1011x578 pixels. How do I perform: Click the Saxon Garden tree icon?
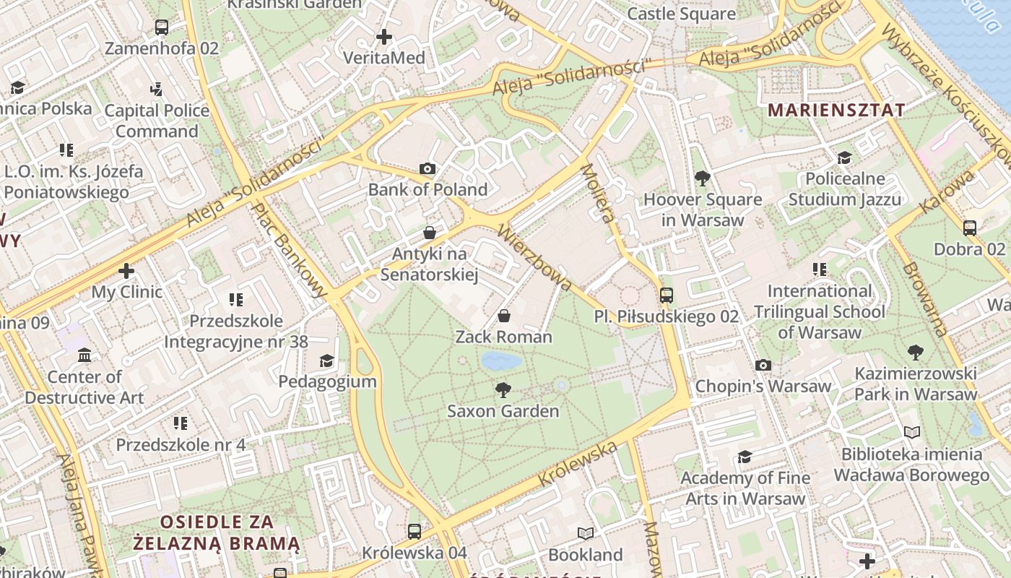[503, 390]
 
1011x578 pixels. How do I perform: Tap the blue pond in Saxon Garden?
[501, 361]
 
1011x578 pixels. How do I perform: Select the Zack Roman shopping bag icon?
[504, 316]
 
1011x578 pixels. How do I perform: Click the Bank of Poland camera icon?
[428, 169]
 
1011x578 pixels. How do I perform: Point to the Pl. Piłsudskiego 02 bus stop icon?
[666, 295]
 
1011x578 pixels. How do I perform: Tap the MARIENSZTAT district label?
[836, 111]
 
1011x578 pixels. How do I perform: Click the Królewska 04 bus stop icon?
[415, 532]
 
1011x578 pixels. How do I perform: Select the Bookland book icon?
[586, 534]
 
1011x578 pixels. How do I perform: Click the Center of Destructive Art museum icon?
[84, 355]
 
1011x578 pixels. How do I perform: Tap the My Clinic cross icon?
[126, 271]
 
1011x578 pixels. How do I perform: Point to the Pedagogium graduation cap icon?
[327, 361]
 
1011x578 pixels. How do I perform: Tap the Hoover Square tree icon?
[702, 178]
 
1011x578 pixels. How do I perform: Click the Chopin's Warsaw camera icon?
[763, 365]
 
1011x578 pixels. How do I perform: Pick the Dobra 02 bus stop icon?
[970, 228]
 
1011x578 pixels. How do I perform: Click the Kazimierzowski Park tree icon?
[916, 353]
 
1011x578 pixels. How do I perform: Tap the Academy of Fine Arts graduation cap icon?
[745, 457]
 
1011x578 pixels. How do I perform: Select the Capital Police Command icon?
[157, 89]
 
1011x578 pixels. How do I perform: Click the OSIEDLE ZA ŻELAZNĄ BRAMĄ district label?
[216, 532]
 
